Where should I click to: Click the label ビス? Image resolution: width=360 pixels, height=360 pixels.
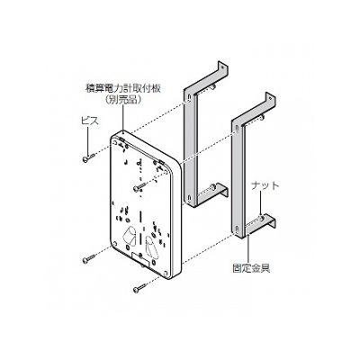pos(90,121)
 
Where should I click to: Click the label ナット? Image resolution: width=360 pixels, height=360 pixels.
pos(265,185)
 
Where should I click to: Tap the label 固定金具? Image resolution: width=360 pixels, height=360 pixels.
pos(251,268)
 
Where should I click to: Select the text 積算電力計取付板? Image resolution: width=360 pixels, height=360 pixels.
pos(123,89)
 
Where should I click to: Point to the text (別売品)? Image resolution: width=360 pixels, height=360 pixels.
pos(123,100)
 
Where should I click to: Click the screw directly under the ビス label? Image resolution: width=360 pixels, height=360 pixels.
pos(89,157)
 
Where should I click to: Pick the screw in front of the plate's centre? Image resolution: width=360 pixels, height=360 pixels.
pos(140,186)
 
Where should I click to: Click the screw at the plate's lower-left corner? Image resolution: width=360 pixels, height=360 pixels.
pos(89,259)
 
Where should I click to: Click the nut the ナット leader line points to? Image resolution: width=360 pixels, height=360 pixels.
pos(262,217)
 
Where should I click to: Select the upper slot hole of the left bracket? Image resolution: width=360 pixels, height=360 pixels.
pos(189,98)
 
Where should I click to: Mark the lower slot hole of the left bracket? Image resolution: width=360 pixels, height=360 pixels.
pos(189,198)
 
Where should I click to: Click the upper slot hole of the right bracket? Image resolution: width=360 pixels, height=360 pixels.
pos(237,129)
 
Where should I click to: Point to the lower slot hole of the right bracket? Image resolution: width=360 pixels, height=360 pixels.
pos(237,230)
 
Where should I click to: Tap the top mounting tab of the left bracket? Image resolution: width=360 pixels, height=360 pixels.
pos(222,67)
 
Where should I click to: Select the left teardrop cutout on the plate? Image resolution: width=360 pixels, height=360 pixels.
pos(129,237)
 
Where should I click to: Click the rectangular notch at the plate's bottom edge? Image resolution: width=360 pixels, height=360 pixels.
pos(140,257)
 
